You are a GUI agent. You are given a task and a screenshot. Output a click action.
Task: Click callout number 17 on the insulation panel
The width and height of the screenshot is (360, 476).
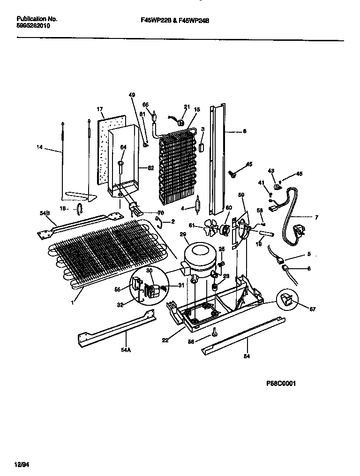point(100,109)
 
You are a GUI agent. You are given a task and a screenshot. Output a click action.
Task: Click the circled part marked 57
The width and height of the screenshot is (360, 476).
point(287,299)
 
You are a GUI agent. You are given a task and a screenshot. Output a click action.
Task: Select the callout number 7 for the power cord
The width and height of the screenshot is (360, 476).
point(316,217)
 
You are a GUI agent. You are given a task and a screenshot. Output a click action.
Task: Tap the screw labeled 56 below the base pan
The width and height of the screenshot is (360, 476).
point(214,333)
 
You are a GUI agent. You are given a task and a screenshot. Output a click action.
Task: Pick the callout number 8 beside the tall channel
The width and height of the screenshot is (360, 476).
point(244,132)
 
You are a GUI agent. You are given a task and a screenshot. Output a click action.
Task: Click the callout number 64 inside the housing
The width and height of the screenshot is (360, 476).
point(123,147)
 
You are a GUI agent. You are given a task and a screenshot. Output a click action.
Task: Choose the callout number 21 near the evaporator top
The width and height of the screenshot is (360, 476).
point(187,107)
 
